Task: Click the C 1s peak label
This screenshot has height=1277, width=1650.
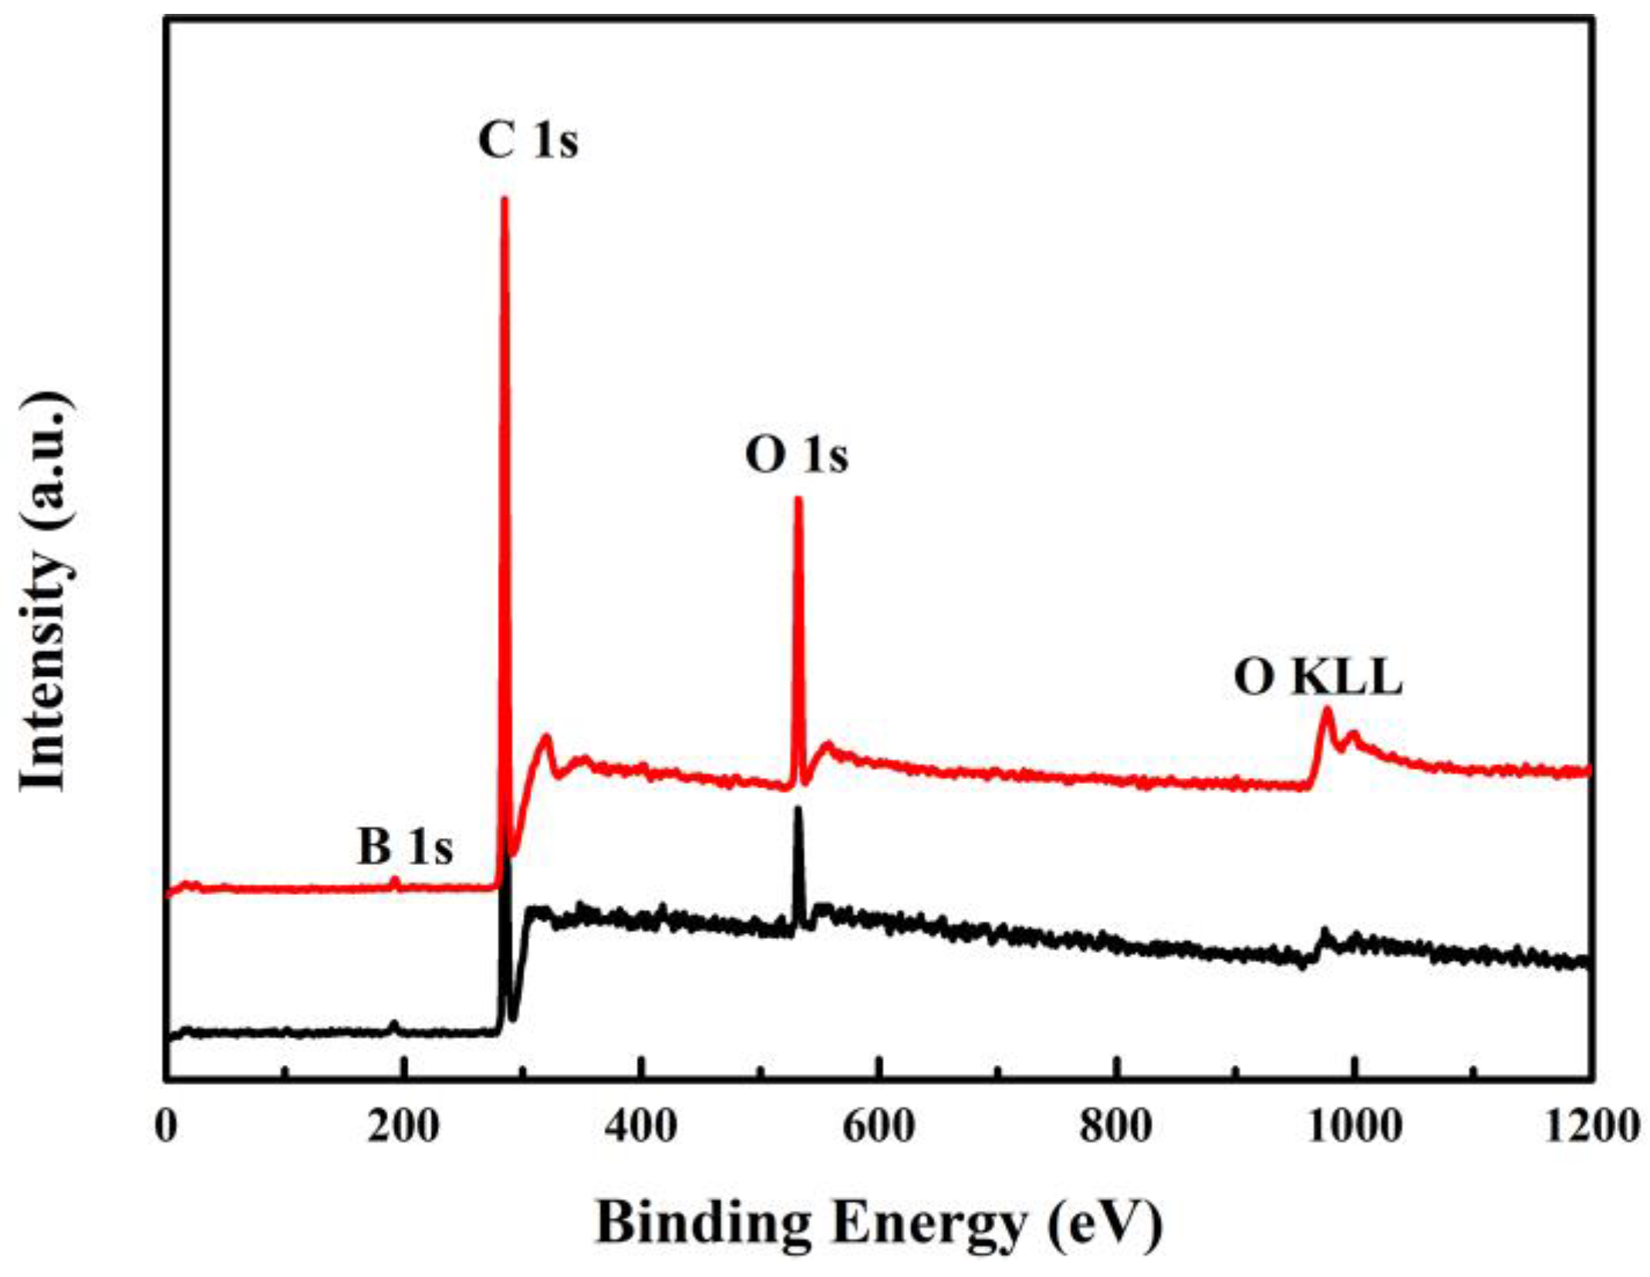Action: click(x=528, y=141)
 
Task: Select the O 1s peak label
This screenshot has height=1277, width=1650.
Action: click(x=796, y=454)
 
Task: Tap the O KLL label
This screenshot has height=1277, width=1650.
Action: click(x=1318, y=678)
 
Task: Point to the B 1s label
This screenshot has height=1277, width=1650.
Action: click(x=404, y=846)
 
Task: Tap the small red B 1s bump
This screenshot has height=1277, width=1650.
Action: click(x=395, y=879)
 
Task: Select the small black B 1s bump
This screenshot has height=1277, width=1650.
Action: click(x=394, y=1025)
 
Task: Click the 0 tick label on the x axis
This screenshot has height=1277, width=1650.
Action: click(x=166, y=1127)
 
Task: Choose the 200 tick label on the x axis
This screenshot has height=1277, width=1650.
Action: click(x=403, y=1127)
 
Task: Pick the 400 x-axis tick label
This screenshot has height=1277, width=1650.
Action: click(x=640, y=1127)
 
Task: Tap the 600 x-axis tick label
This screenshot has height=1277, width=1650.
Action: click(x=878, y=1127)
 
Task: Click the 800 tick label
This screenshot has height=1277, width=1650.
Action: click(x=1115, y=1127)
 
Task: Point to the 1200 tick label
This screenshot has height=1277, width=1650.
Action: click(x=1591, y=1127)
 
